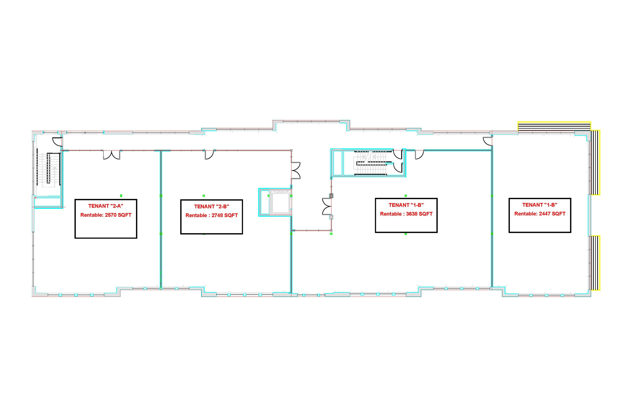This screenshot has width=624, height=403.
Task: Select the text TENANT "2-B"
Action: coord(212,206)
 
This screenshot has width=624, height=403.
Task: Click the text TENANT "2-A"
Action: coord(106,206)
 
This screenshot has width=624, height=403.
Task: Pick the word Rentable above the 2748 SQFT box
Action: coord(196,215)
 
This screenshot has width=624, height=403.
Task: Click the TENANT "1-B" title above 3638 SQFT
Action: coord(406,205)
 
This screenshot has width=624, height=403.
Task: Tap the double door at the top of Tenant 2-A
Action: coord(112,155)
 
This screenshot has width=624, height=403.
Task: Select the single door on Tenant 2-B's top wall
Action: coord(209,155)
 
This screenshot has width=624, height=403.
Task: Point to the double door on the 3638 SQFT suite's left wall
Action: coord(327,206)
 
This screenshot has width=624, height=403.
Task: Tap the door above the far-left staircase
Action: coord(58,142)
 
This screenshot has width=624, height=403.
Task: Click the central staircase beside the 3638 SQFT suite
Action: coord(370,163)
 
